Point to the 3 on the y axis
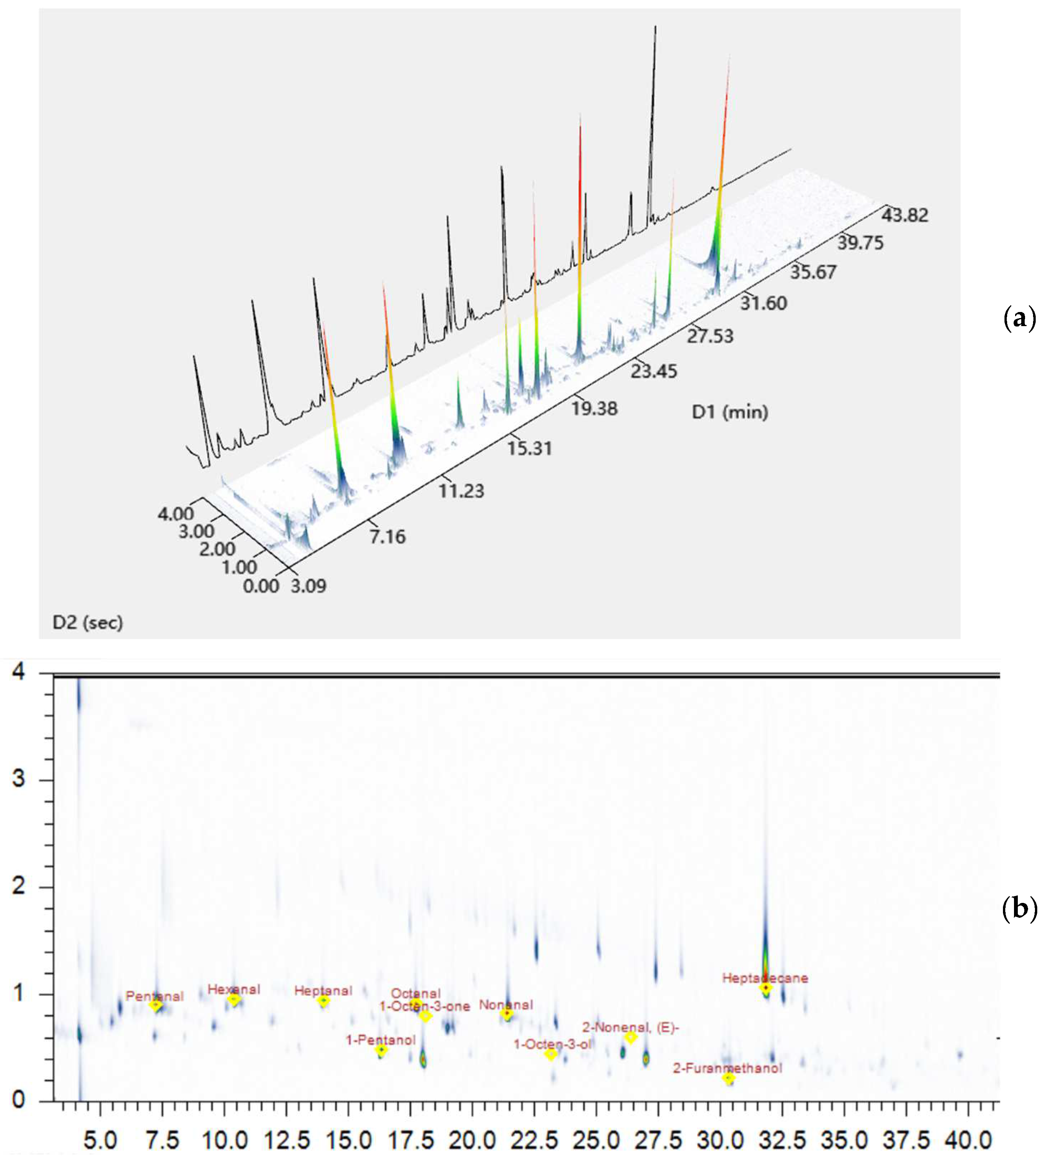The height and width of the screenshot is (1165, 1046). click(x=19, y=780)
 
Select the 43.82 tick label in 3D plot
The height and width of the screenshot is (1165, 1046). click(x=905, y=216)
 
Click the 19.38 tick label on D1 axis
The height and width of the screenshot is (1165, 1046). click(x=594, y=409)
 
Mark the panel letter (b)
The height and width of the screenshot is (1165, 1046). click(x=1019, y=910)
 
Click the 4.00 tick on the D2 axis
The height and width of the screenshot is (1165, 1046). click(x=176, y=513)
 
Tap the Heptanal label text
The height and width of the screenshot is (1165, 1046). click(x=323, y=991)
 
